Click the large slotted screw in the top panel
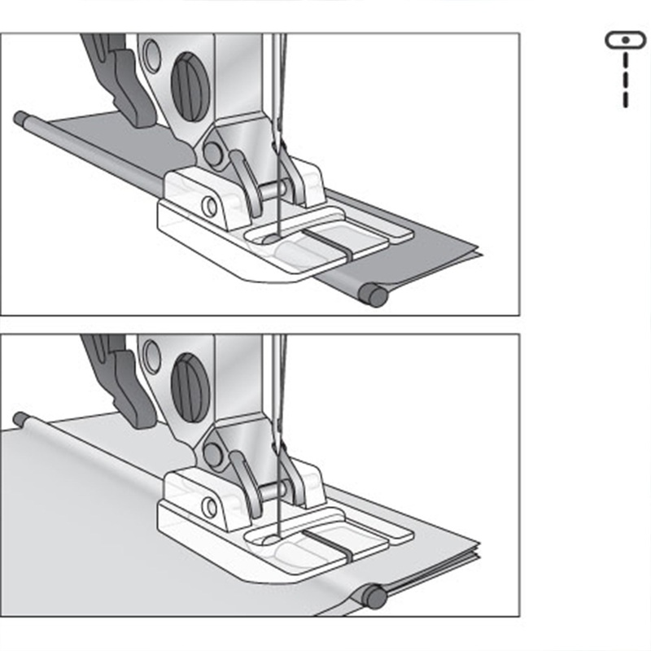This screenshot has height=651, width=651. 190,86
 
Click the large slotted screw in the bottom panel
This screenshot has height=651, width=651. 190,387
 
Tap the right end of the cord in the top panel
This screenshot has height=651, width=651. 375,295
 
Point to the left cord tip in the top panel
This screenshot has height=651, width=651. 20,117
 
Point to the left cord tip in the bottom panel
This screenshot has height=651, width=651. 20,418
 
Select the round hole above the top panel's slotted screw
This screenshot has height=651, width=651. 151,55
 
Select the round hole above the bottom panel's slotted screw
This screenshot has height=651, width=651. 151,356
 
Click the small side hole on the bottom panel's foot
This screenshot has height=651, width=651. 209,507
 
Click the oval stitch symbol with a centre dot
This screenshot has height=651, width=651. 624,39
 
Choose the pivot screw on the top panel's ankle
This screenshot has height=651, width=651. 214,152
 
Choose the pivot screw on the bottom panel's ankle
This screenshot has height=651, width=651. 214,454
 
